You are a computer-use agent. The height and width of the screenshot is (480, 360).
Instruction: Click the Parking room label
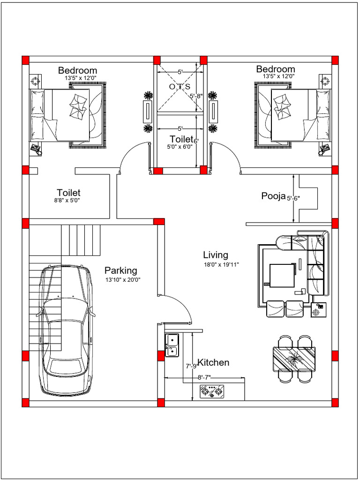pyautogui.click(x=120, y=270)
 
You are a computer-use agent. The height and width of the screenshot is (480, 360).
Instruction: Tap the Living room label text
pyautogui.click(x=215, y=255)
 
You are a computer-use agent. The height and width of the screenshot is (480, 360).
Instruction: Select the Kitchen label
pyautogui.click(x=214, y=362)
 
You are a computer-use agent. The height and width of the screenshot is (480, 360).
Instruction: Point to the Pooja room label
pyautogui.click(x=273, y=196)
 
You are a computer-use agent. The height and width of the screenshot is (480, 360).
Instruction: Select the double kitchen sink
pyautogui.click(x=172, y=344)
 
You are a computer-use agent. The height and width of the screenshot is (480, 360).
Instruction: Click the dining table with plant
pyautogui.click(x=294, y=359)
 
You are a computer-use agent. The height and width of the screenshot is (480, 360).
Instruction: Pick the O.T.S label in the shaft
pyautogui.click(x=180, y=87)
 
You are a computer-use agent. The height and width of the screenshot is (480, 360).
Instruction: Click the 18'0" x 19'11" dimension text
pyautogui.click(x=221, y=265)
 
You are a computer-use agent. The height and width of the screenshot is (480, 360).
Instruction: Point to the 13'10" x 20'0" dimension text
pyautogui.click(x=123, y=280)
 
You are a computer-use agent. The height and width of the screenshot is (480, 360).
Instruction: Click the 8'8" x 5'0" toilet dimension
pyautogui.click(x=68, y=201)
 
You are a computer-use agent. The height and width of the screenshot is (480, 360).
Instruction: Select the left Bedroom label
pyautogui.click(x=77, y=70)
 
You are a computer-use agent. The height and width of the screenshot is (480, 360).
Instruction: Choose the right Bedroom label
pyautogui.click(x=276, y=69)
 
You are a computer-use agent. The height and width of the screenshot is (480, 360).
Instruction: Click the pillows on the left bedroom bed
pyautogui.click(x=78, y=106)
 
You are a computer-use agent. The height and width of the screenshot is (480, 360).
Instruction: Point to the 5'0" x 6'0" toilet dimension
pyautogui.click(x=180, y=146)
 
